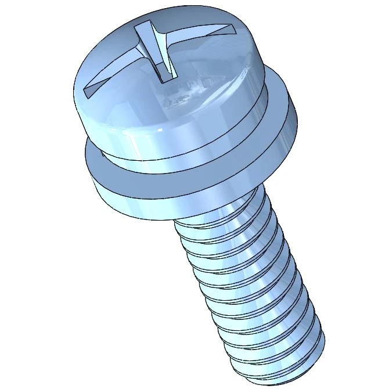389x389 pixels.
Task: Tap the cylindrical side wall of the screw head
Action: pos(174,139)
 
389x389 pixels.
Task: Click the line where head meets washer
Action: pos(174,160)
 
